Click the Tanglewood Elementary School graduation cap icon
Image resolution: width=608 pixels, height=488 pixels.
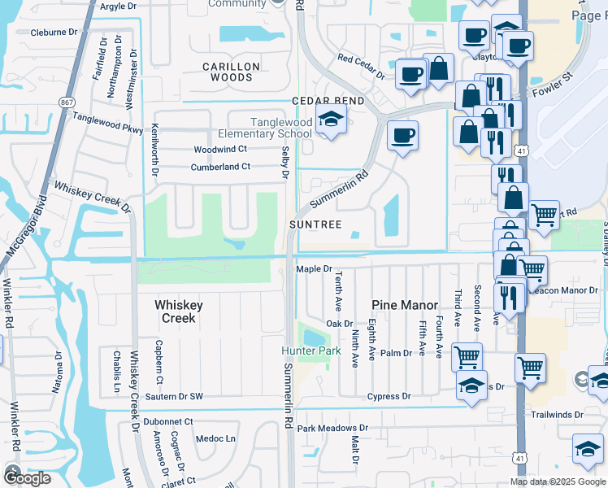pos(331,120)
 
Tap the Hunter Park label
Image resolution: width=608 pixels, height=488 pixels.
pos(311,351)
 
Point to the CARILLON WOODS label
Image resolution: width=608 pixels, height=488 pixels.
pos(231,72)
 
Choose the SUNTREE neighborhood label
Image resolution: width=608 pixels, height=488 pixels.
pos(313,224)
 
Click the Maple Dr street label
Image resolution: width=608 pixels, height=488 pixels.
pos(315,269)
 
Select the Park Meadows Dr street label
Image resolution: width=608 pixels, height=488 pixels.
pos(332,428)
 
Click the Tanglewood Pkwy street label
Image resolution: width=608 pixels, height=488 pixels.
pos(107,122)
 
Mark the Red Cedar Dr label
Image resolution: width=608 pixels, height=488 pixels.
pos(361,64)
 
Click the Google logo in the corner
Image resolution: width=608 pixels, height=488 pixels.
pos(27,477)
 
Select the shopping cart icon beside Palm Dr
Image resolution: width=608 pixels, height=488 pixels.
pos(467,356)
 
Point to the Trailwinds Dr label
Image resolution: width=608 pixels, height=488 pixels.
pos(557,414)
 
